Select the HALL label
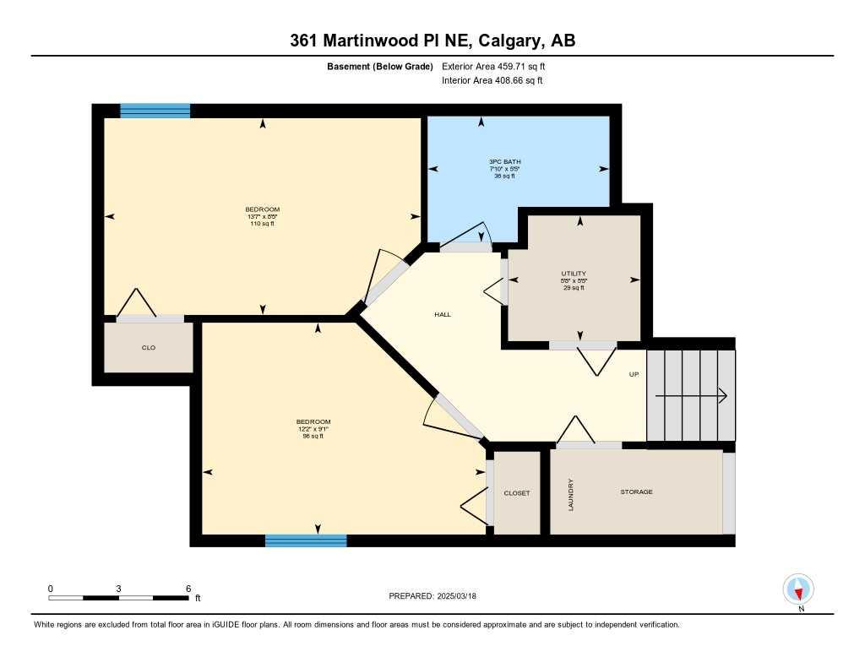point(443,314)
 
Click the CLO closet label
point(149,347)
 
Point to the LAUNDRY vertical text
point(572,495)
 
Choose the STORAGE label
point(636,491)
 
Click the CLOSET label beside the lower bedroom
point(516,493)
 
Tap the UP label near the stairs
point(634,374)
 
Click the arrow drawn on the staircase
point(691,395)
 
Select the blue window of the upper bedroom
point(155,110)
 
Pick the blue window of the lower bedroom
point(306,540)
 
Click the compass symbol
point(798,589)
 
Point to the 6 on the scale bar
point(188,589)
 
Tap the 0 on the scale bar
point(51,589)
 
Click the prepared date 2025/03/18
point(462,596)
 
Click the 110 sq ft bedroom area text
point(262,223)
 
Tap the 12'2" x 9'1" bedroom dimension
point(313,429)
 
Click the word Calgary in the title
point(511,41)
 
